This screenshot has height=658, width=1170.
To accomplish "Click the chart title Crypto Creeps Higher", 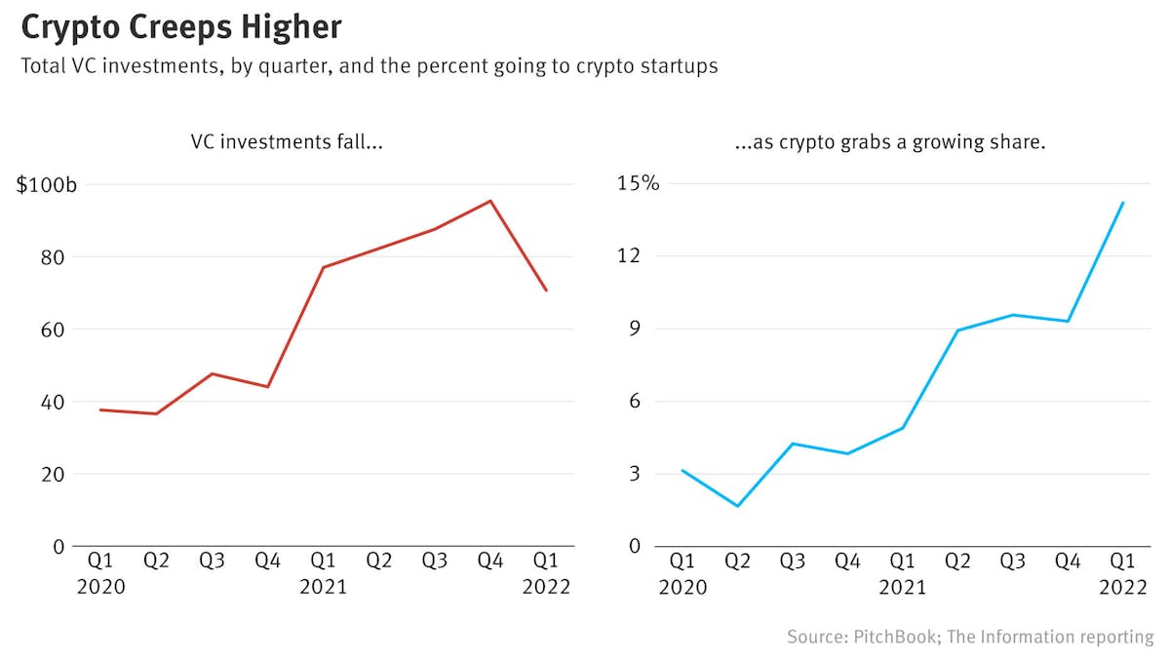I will tap(181, 26).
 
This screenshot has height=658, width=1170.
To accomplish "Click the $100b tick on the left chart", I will tap(46, 184).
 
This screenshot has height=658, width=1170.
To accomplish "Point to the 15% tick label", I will tap(636, 183).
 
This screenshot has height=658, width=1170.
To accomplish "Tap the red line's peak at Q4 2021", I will tap(490, 201).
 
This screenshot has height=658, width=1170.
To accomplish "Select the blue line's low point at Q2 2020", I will tap(738, 506).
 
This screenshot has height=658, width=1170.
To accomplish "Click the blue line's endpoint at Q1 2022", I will tap(1124, 203).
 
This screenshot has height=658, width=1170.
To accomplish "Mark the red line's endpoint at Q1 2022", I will tap(546, 290).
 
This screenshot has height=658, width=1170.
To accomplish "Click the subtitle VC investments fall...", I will tap(286, 142).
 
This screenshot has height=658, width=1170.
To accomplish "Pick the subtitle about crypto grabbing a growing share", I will tap(889, 142).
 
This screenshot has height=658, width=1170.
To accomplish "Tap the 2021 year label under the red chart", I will tap(323, 587).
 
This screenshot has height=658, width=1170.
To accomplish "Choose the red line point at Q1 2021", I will tap(323, 267).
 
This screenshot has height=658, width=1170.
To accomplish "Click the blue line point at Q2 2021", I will tap(958, 330).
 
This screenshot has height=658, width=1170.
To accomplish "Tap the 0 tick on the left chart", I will tap(58, 546).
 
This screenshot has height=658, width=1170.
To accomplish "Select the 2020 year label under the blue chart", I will tap(682, 587).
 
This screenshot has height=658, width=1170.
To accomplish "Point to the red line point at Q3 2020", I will tap(212, 373).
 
